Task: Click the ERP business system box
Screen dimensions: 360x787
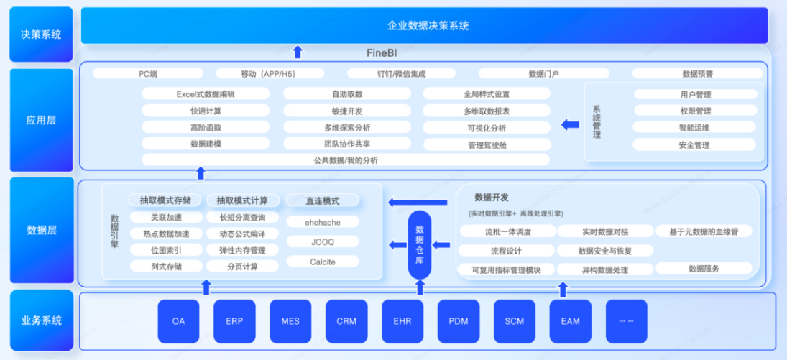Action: tap(234, 321)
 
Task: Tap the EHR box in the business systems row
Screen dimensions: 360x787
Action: tap(402, 321)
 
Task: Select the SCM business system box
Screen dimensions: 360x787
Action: tap(515, 321)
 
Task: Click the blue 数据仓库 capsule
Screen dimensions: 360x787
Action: tap(420, 245)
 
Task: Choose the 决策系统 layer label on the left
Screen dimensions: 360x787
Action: tap(41, 34)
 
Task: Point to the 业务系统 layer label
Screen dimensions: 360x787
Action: tap(41, 320)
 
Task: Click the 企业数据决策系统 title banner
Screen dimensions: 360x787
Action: tap(428, 25)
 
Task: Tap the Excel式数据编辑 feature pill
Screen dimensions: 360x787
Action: tap(206, 94)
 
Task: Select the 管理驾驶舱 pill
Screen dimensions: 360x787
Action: tap(487, 144)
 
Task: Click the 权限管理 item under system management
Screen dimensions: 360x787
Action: tap(695, 111)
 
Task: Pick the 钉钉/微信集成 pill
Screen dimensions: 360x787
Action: tap(401, 73)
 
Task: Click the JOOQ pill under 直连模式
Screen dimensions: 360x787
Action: tap(323, 242)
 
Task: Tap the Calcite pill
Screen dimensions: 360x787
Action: tap(323, 262)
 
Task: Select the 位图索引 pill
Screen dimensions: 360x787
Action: tap(166, 250)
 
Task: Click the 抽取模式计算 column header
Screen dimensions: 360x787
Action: tap(242, 200)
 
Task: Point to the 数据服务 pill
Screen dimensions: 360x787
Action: tap(704, 269)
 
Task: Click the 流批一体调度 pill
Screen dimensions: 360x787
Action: tap(507, 231)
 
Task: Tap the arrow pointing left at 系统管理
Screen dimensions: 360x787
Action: tap(570, 124)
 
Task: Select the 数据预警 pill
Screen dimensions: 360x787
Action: tap(697, 73)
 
